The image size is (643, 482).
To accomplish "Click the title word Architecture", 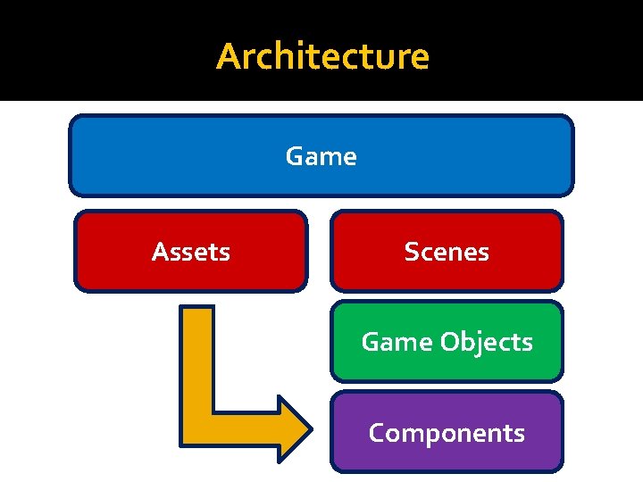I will [x=322, y=56].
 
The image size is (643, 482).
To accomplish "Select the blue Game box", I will [x=179, y=156].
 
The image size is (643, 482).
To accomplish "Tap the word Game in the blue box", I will [x=321, y=157].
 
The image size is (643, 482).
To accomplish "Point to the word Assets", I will [x=191, y=253].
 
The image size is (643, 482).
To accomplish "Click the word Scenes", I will [x=447, y=253].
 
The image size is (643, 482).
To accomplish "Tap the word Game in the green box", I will [x=385, y=342].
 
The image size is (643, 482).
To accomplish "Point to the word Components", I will [x=447, y=433].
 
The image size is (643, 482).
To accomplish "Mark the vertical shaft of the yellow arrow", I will [x=196, y=357].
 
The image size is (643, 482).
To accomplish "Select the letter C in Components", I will [x=377, y=433].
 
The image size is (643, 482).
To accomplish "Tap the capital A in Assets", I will [x=160, y=253].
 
